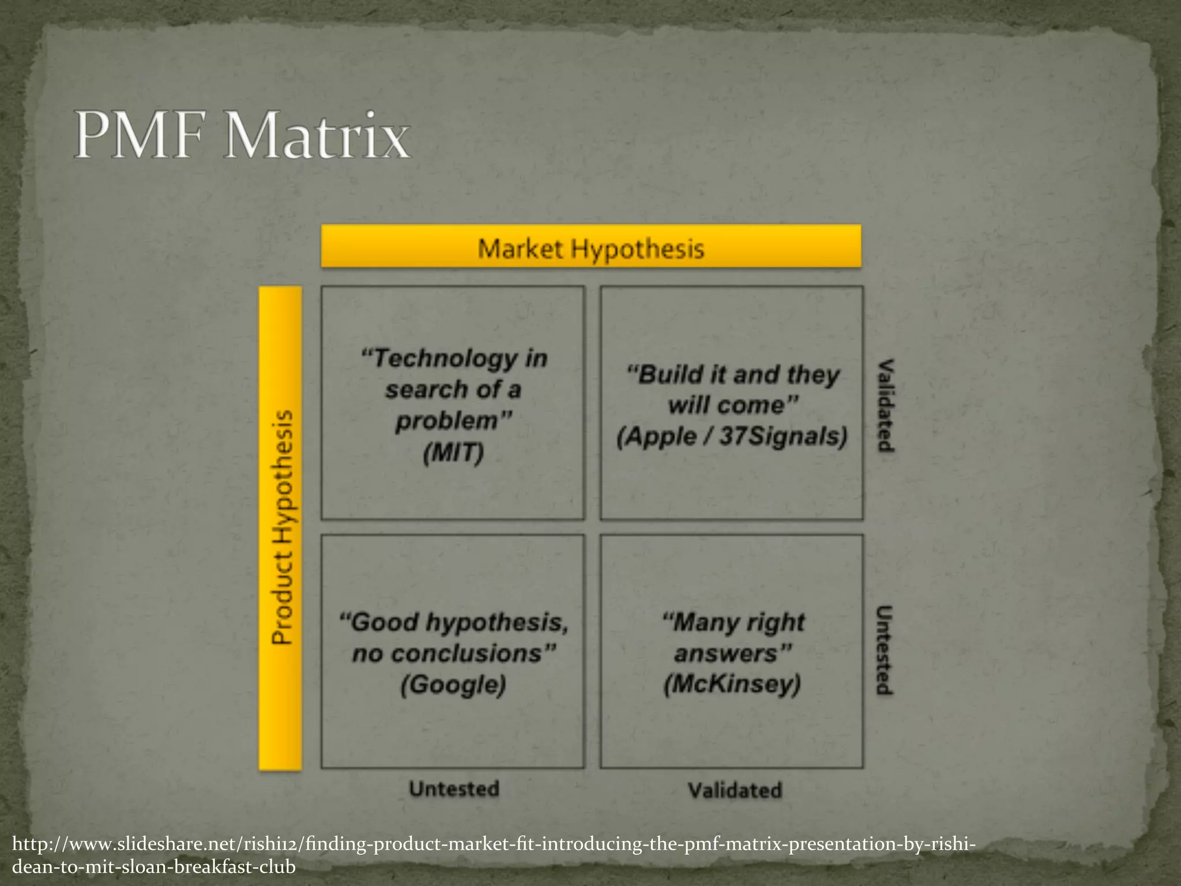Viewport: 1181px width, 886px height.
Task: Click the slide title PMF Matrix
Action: pyautogui.click(x=242, y=136)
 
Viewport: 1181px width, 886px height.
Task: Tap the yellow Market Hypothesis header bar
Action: pyautogui.click(x=590, y=247)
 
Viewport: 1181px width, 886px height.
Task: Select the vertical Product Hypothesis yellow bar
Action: pyautogui.click(x=281, y=527)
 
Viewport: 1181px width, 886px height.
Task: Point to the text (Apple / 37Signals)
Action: pyautogui.click(x=732, y=436)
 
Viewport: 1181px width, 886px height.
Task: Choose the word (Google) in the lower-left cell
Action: pyautogui.click(x=453, y=684)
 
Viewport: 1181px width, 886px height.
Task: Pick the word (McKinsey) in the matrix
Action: pyautogui.click(x=732, y=684)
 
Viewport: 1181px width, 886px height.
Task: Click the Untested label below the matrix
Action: pyautogui.click(x=454, y=789)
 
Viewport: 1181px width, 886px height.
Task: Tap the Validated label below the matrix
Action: pyautogui.click(x=735, y=790)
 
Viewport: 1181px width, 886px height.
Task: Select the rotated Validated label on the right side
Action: pyautogui.click(x=885, y=405)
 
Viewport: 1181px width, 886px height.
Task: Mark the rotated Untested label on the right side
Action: pyautogui.click(x=884, y=650)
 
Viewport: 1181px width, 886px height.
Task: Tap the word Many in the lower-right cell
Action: pyautogui.click(x=695, y=622)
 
